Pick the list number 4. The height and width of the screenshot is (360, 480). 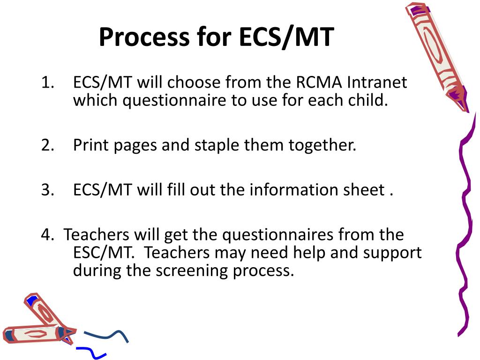(46, 235)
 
